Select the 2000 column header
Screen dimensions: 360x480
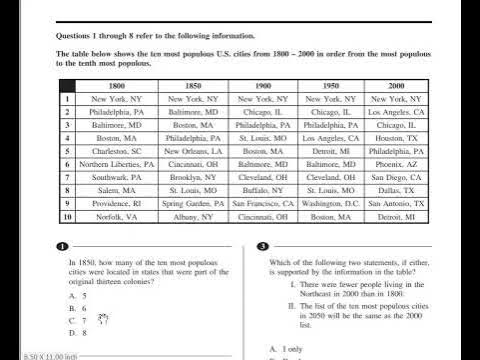tap(396, 87)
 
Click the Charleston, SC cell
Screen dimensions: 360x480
tap(118, 151)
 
